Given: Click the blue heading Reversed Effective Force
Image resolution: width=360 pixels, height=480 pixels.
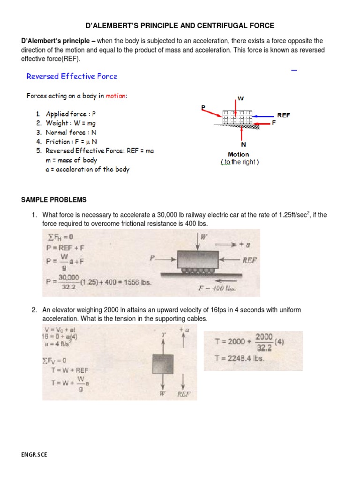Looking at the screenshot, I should point(72,76).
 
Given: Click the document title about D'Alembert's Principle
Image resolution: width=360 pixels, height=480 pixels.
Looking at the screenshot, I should point(180,25).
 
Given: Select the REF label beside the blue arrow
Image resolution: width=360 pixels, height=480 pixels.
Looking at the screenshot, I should point(283,115).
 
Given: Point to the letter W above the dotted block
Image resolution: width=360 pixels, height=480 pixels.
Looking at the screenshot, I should point(241,98).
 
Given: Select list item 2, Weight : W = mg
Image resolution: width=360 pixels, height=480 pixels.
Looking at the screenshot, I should point(68,123).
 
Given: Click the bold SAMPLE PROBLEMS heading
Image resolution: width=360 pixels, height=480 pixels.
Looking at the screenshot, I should point(54,200).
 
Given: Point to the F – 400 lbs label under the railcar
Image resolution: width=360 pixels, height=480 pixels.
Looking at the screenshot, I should point(216,289).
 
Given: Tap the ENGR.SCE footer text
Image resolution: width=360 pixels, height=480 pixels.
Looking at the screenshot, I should point(34,455).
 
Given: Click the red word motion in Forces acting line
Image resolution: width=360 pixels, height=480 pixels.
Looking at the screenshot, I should point(115,96).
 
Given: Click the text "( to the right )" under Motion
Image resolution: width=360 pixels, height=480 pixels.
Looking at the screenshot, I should point(240,162).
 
